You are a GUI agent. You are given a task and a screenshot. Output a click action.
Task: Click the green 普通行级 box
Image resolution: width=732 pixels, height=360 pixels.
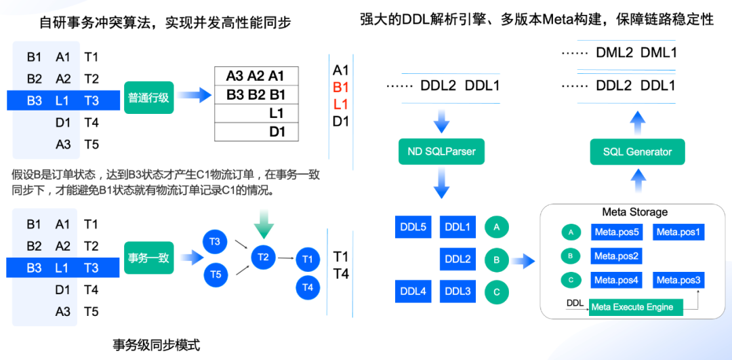[x=149, y=97]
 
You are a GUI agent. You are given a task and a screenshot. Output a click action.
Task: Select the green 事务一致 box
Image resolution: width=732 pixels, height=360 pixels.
[x=149, y=257]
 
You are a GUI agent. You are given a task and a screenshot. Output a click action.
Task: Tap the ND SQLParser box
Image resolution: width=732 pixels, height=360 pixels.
[x=441, y=152]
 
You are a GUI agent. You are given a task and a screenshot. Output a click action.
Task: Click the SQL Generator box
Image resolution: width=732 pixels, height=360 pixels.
[x=637, y=152]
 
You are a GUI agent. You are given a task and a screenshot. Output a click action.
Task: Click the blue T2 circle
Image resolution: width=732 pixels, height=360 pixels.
[x=264, y=257]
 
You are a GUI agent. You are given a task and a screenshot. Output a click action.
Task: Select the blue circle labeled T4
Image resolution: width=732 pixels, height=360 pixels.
[x=308, y=287]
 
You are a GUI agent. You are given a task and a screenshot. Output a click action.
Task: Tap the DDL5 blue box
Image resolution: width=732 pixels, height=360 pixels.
[x=413, y=227]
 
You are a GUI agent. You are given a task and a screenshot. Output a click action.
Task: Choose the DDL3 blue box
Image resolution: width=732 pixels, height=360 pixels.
[x=458, y=292]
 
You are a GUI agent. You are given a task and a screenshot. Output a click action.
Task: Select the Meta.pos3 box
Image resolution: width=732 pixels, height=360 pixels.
[x=678, y=280]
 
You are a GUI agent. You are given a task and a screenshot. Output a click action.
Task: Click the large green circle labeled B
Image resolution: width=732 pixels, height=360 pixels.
[x=496, y=259]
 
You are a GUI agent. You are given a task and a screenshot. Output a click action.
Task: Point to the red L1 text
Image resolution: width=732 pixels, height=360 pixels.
[x=341, y=104]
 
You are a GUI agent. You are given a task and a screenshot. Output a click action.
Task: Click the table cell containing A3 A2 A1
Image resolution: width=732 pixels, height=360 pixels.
[x=256, y=76]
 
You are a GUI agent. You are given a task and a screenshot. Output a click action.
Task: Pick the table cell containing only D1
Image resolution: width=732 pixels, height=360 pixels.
[x=256, y=132]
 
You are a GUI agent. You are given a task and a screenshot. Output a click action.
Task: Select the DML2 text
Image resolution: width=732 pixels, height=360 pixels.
[x=614, y=53]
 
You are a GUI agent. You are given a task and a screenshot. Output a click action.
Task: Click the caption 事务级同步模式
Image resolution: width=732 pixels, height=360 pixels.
[x=156, y=346]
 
